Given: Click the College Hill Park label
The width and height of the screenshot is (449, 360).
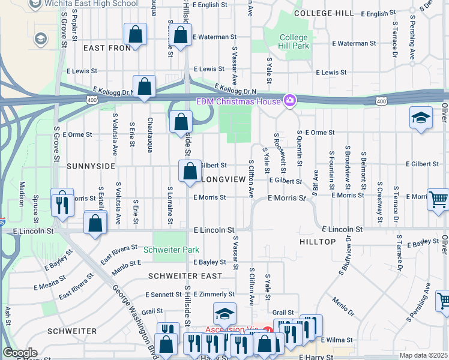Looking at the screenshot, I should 294,42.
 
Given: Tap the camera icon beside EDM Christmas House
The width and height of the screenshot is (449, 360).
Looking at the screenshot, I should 290,100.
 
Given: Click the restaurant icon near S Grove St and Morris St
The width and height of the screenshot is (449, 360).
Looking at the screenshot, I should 62,202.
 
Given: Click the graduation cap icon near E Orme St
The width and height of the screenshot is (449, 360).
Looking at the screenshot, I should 421,118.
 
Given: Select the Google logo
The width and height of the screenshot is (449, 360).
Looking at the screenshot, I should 19,353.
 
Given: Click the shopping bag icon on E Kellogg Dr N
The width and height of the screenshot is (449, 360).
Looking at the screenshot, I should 145,87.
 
